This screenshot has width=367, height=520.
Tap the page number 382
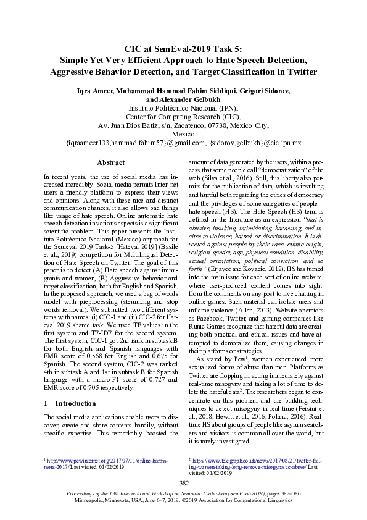click(183, 482)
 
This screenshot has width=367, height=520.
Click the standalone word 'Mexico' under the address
click(183, 133)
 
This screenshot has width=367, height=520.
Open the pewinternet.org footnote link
click(93, 460)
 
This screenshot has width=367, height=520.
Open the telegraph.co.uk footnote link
click(259, 460)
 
